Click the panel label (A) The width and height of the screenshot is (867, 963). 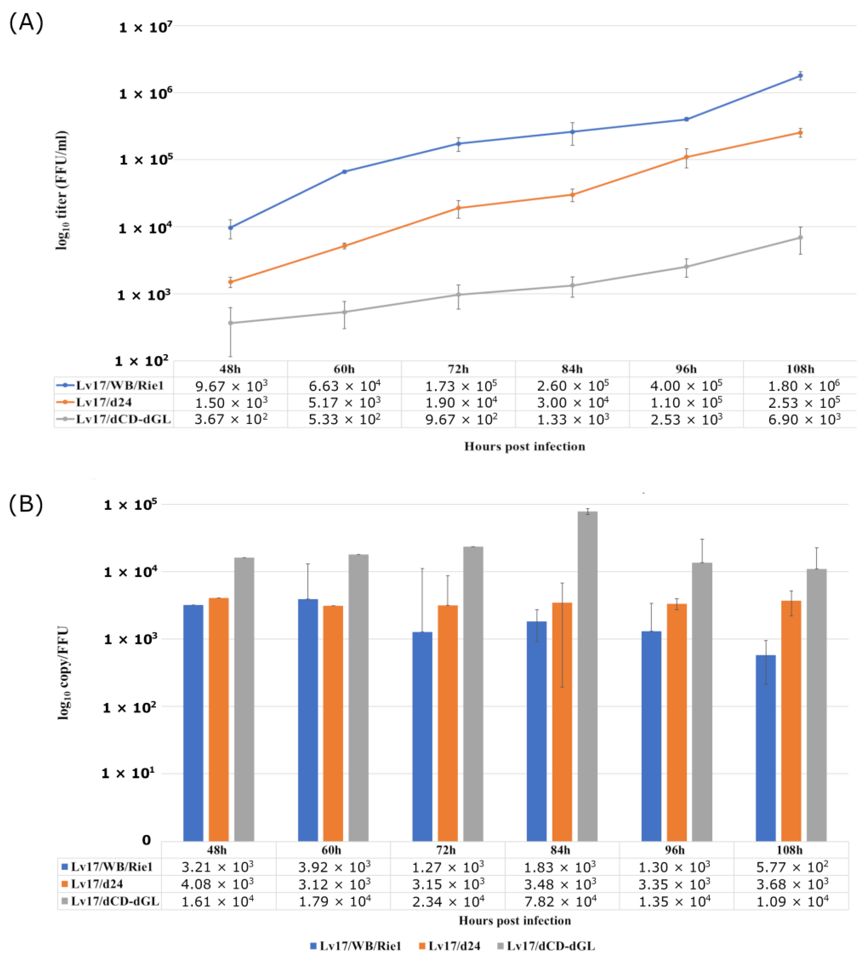click(26, 22)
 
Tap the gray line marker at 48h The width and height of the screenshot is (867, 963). click(231, 323)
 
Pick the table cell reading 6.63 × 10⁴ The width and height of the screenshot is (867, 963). click(345, 385)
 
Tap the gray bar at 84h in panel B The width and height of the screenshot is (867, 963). click(587, 676)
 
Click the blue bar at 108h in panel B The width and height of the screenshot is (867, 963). click(766, 748)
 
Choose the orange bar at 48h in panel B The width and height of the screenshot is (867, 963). click(219, 719)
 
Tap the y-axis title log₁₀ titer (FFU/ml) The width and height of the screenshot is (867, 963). click(62, 190)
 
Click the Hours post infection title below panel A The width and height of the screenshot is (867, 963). click(524, 446)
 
